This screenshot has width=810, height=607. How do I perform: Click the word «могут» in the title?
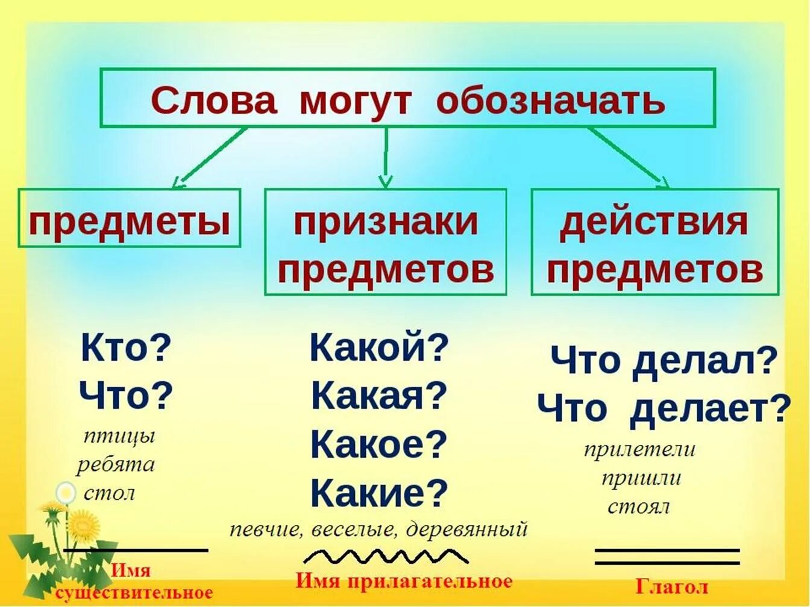tap(354, 100)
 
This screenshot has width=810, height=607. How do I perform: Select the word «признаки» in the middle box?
tap(386, 222)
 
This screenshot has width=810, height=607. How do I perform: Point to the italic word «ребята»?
tap(116, 465)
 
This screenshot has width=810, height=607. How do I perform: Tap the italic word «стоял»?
tap(638, 507)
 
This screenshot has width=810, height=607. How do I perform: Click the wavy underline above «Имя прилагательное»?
tap(385, 556)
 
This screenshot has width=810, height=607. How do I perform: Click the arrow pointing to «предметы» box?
tap(210, 158)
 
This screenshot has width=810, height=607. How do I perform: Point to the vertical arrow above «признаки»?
tap(386, 158)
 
